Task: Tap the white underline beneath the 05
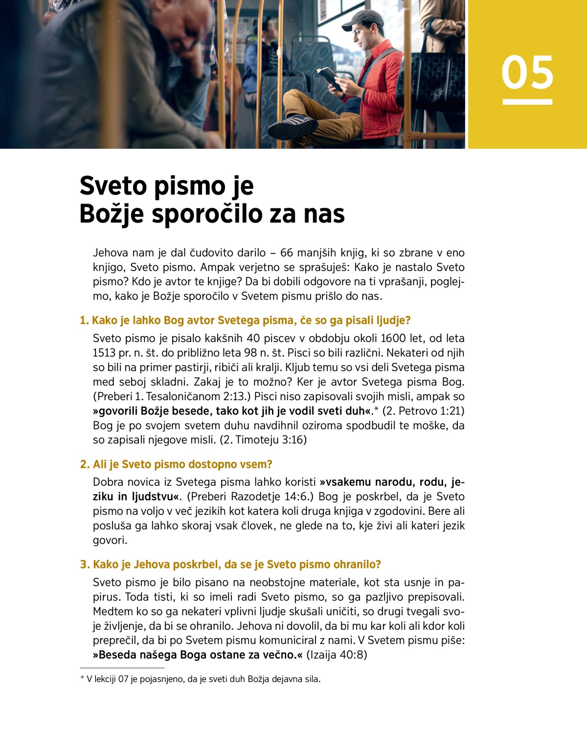coord(527,102)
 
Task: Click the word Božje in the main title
coord(111,214)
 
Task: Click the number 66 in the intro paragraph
coord(287,253)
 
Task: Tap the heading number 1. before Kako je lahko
coord(85,320)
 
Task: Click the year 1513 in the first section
coord(104,353)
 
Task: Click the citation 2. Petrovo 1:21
coord(424,411)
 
